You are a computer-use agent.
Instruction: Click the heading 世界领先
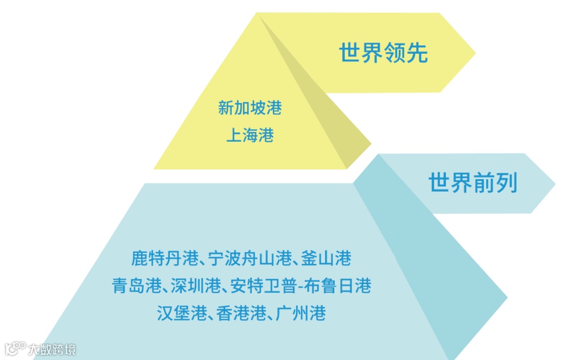click(x=384, y=53)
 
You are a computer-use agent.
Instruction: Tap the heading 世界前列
click(x=473, y=182)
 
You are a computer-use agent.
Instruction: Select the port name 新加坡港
click(x=250, y=108)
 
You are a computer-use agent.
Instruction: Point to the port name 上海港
click(x=250, y=135)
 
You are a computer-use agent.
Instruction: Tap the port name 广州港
click(x=300, y=313)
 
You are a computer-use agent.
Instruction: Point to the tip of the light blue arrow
click(x=553, y=184)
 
